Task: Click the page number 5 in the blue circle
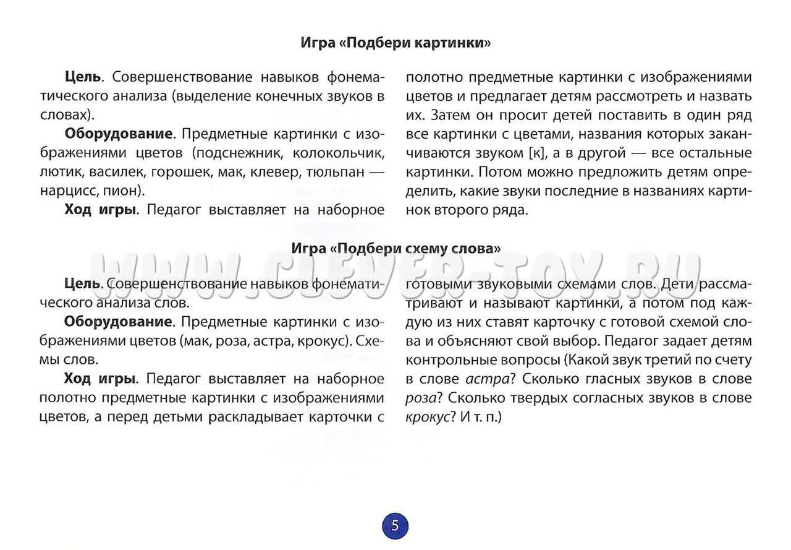click(395, 526)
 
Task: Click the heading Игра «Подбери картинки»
click(395, 43)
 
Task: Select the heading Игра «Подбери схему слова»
click(395, 248)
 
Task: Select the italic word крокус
click(426, 417)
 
